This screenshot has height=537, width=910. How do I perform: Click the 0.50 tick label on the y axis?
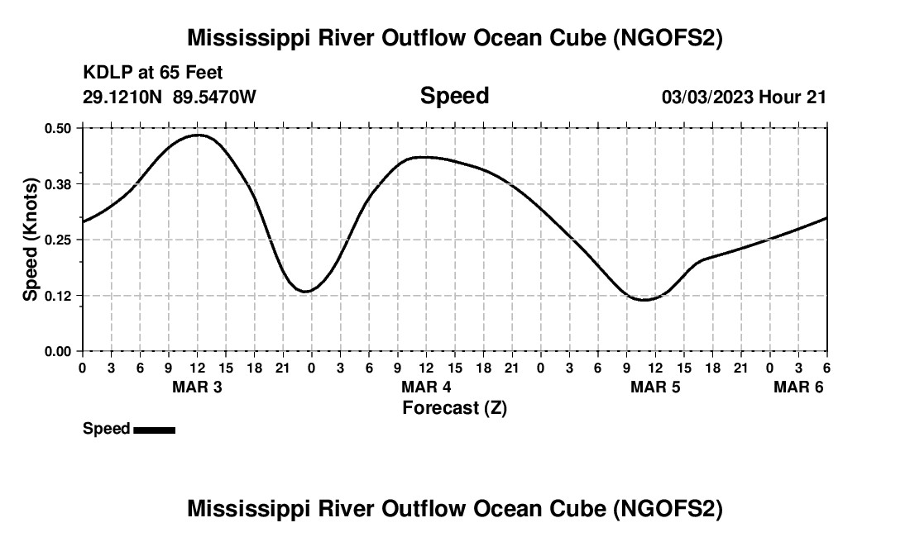tap(59, 128)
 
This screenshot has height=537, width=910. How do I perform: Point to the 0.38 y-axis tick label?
tap(59, 183)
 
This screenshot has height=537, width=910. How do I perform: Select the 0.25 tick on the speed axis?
tap(59, 240)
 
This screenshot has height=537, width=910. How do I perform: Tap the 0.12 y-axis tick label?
tap(59, 295)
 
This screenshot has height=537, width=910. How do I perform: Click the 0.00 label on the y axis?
tap(59, 351)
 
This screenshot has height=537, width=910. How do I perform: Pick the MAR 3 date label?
tap(197, 387)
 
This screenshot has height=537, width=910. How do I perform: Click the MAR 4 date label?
tap(426, 387)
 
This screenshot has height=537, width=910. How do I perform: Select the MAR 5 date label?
tap(655, 387)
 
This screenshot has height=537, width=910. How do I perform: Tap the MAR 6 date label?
tap(798, 387)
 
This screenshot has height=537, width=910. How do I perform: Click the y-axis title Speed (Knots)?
tap(31, 240)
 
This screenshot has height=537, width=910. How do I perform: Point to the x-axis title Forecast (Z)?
tap(454, 407)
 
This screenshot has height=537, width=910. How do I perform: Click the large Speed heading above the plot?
tap(454, 96)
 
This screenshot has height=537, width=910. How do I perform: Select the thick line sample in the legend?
tap(154, 430)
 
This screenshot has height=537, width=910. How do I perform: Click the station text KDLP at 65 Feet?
tap(153, 74)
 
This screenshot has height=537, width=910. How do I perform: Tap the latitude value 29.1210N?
tap(123, 97)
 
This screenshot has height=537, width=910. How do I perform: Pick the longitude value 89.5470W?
tap(214, 97)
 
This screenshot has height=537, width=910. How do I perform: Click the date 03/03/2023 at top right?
tap(707, 97)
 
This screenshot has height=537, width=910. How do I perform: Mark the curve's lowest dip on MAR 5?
tap(644, 300)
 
